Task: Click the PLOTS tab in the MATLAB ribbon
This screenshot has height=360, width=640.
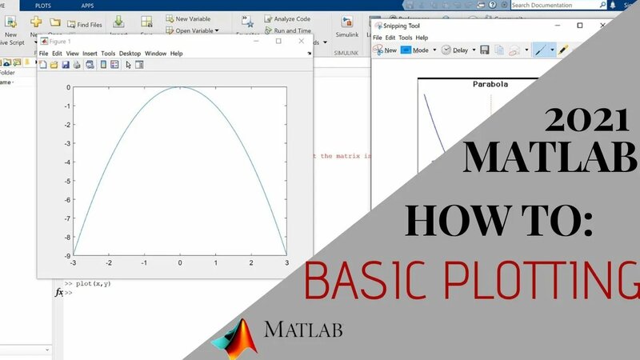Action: [42, 5]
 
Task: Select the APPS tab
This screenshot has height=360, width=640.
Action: [88, 5]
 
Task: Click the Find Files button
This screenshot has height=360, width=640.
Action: [84, 24]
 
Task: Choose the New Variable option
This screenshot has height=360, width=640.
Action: [192, 18]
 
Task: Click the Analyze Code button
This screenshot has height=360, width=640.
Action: [290, 18]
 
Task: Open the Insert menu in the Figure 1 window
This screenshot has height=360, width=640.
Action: [90, 54]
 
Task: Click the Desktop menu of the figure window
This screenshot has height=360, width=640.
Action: [130, 54]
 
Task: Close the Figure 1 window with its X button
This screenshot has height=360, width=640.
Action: [301, 41]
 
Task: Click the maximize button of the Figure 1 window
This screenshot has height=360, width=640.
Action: [278, 41]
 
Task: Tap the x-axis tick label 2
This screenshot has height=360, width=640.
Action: [251, 263]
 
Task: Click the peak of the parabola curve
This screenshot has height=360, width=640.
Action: [180, 88]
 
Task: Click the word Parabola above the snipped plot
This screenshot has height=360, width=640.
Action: [490, 83]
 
